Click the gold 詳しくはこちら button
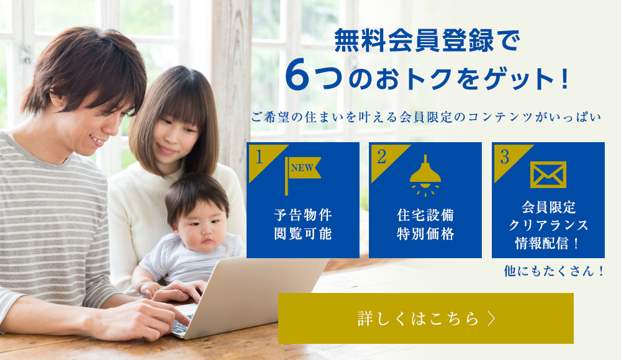425,318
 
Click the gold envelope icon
548,174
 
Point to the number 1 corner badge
260,156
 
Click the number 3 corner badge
505,156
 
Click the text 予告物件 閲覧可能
303,225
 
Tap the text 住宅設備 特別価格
425,225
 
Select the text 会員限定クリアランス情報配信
548,225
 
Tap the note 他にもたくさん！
555,271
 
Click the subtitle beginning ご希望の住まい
426,117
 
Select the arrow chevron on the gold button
492,318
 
